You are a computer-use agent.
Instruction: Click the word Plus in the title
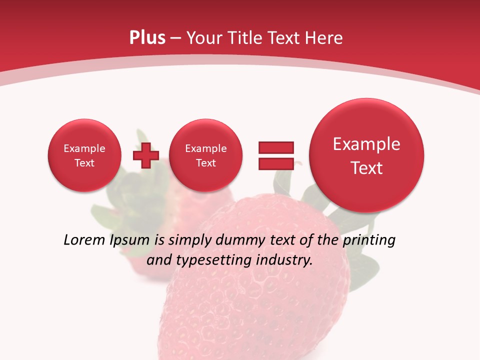pos(147,38)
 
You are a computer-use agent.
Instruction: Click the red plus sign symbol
pos(145,155)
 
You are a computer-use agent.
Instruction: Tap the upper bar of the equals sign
pos(276,147)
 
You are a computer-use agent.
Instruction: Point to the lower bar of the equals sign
pos(276,163)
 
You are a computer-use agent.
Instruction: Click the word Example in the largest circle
pos(366,144)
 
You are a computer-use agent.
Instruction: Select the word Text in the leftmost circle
pos(84,163)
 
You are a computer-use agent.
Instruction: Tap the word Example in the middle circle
pos(205,148)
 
